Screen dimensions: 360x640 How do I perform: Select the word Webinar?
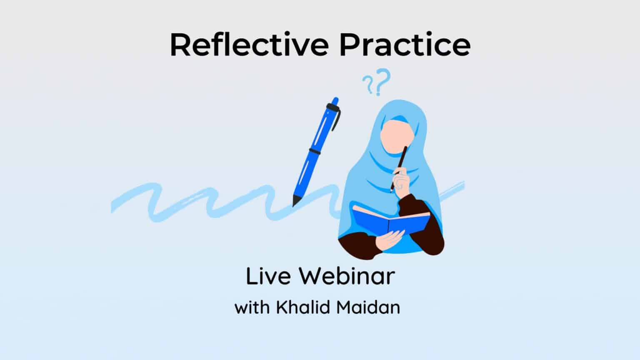pos(347,276)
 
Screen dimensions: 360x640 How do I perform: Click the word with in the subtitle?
pos(252,307)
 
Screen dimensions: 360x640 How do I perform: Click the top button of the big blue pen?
pos(334,101)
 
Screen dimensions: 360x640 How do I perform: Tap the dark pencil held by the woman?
pos(401,162)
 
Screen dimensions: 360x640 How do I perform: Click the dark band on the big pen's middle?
pos(314,152)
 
